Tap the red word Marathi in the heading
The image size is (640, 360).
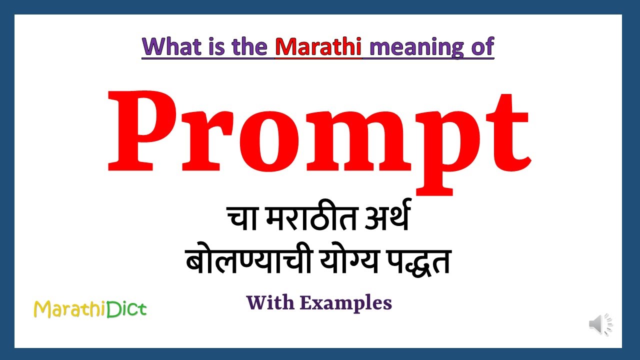(x=318, y=46)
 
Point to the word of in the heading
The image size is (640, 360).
(x=481, y=46)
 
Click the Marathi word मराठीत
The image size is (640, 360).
(x=305, y=220)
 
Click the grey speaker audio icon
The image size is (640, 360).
(x=600, y=325)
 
